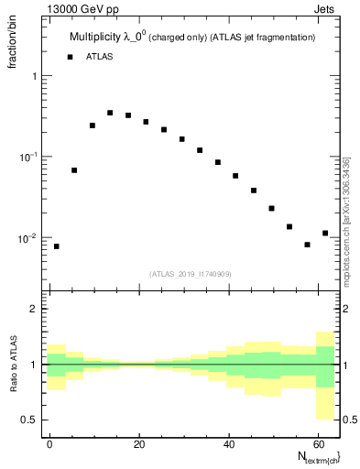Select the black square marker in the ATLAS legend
[70, 57]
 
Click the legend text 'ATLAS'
[101, 57]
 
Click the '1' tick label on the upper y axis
[37, 77]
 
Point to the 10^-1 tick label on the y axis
[30, 157]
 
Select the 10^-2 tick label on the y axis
[30, 238]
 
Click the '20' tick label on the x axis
[139, 442]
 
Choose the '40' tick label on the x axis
[228, 442]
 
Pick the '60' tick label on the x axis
[317, 442]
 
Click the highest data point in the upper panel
[110, 113]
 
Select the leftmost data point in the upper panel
[57, 246]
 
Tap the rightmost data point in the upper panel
[325, 233]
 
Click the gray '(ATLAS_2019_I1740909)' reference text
[191, 274]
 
